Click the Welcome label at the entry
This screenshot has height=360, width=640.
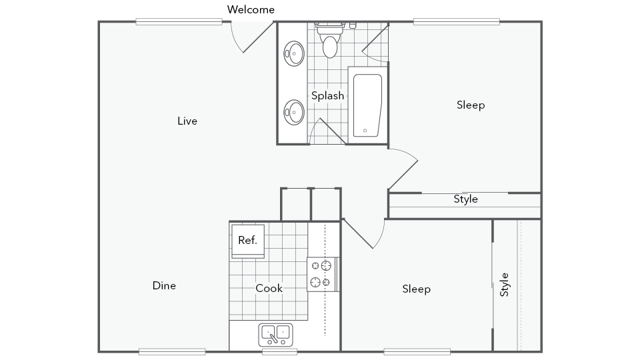tap(251, 9)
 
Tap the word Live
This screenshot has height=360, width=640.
tap(187, 121)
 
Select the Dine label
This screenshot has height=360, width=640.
tap(164, 285)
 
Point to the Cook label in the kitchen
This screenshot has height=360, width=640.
tap(269, 288)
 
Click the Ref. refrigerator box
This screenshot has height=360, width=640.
tap(248, 241)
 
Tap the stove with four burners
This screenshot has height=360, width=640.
tap(322, 274)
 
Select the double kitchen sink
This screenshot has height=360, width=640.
tap(276, 335)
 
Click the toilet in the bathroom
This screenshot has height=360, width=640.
tap(330, 40)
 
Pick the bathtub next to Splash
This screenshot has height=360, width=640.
tap(367, 105)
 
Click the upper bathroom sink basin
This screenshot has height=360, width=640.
tap(294, 53)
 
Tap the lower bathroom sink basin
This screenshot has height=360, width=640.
tap(294, 112)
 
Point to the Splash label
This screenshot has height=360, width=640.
tap(328, 96)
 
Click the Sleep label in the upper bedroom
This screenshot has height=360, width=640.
tap(471, 105)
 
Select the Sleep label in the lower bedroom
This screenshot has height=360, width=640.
tap(416, 289)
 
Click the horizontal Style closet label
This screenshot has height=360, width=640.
tap(466, 199)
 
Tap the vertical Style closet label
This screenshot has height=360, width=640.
tap(504, 284)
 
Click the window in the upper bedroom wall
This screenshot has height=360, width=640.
tap(456, 22)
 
